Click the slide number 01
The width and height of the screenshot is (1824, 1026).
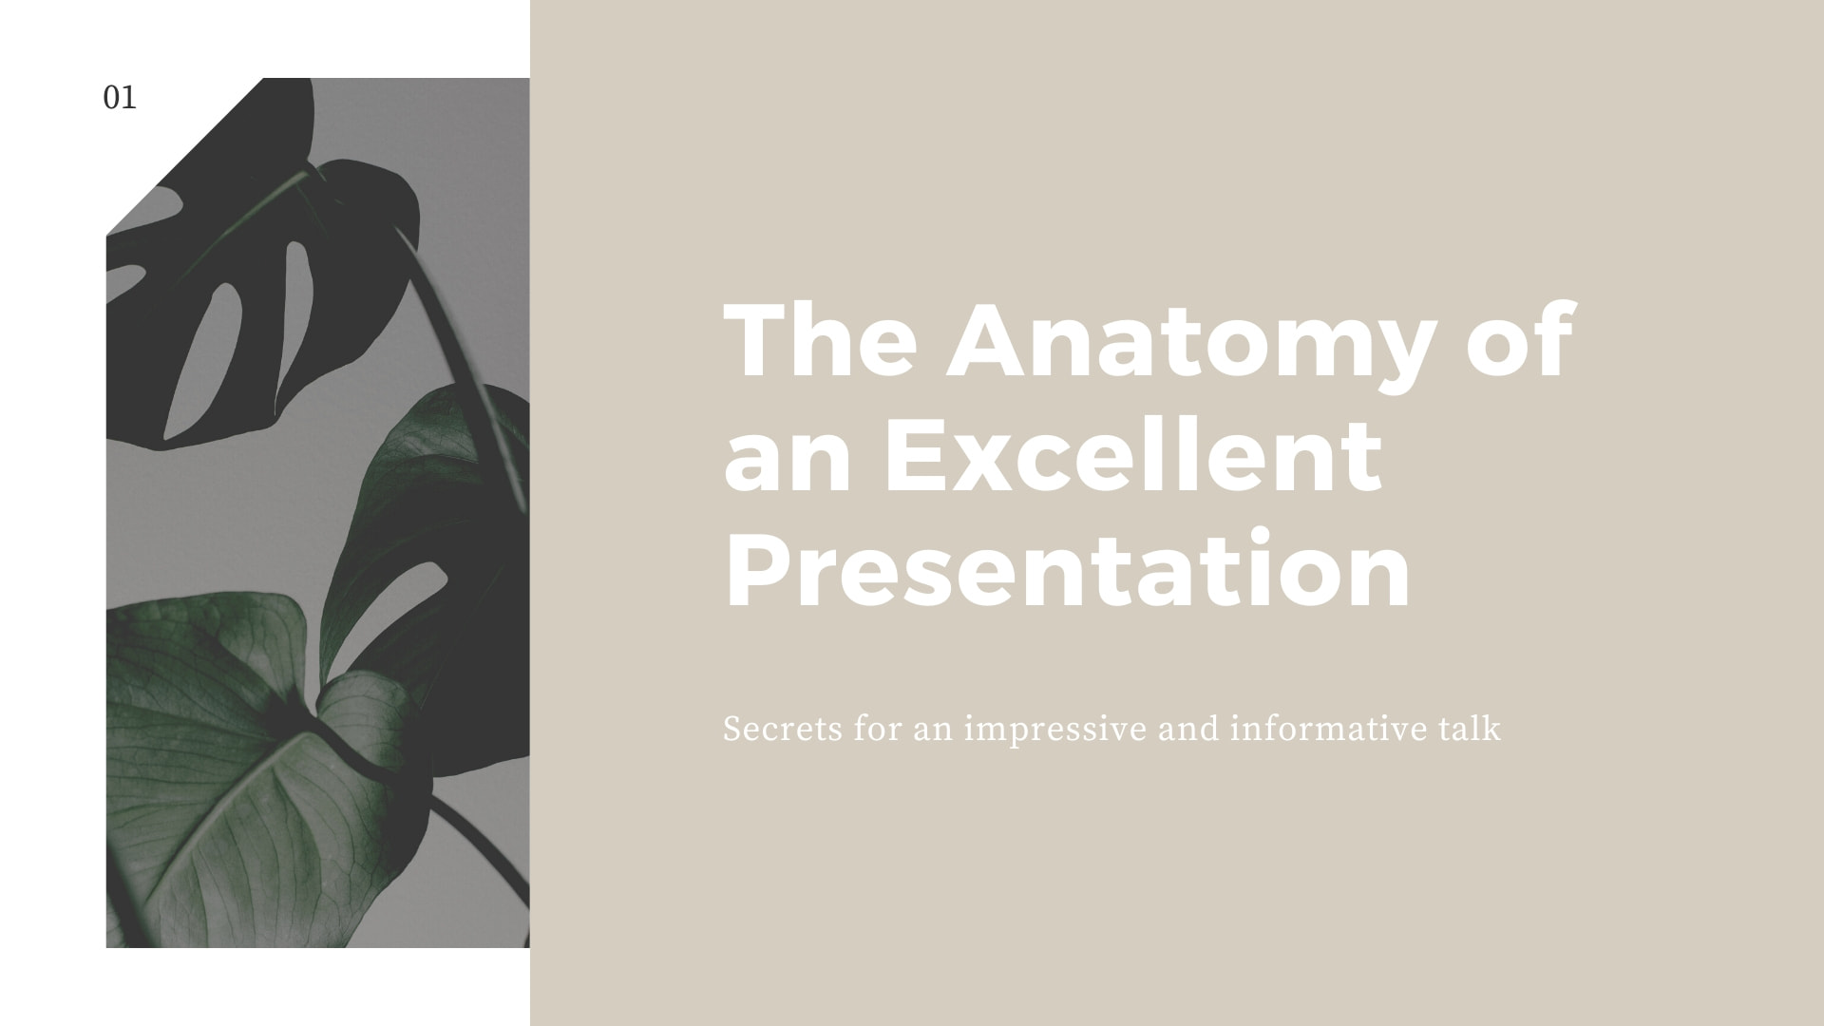click(x=120, y=98)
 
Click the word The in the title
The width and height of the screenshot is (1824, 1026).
click(x=821, y=340)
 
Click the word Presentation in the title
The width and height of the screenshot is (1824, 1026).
click(x=1068, y=570)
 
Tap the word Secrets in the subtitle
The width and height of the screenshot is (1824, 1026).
click(x=783, y=730)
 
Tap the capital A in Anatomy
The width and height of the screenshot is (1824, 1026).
click(x=991, y=340)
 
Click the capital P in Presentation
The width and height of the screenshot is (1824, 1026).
click(x=759, y=570)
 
